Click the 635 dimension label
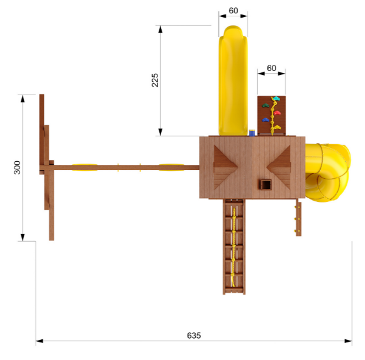coord(194,335)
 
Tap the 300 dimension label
coord(17,167)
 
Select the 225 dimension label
coord(155,80)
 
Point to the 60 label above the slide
coord(233,11)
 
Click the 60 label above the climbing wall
coord(271,68)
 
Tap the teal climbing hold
coord(276,99)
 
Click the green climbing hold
coord(266,106)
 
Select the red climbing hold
coord(277,113)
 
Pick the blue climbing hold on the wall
coord(266,120)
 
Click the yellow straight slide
coord(233,81)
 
